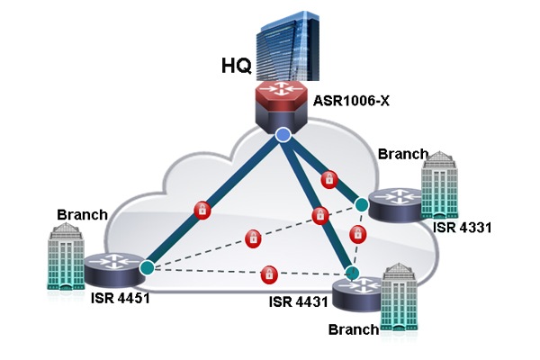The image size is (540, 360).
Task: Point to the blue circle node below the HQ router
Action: click(283, 135)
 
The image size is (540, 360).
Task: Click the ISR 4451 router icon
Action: click(113, 266)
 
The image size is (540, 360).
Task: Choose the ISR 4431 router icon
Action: click(358, 292)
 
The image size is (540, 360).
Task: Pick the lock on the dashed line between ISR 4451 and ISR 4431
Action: click(268, 273)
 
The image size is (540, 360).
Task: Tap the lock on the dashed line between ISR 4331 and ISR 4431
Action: click(358, 236)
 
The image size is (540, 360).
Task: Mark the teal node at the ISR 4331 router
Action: click(361, 205)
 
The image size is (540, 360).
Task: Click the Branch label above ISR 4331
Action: click(402, 153)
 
